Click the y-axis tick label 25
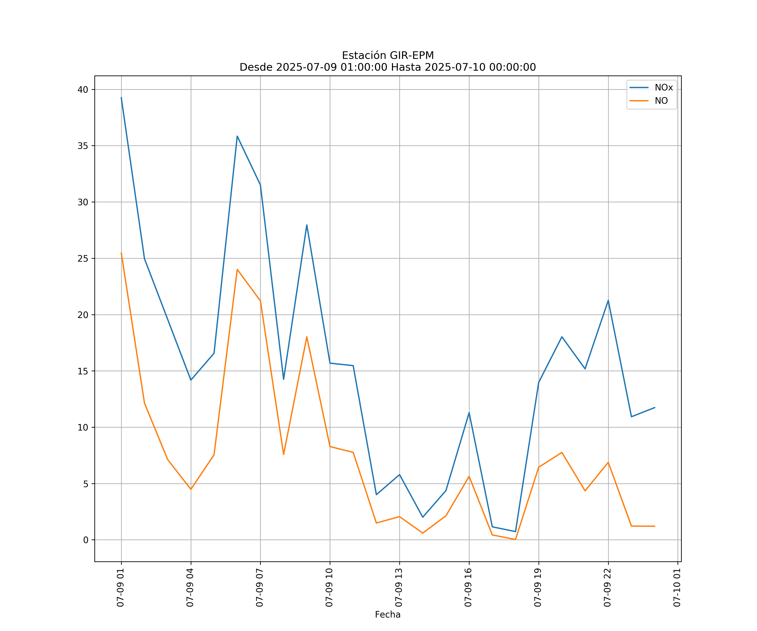(x=83, y=258)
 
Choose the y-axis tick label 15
(x=83, y=371)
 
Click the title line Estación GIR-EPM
(x=388, y=56)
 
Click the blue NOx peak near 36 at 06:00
(x=237, y=136)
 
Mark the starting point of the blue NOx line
(x=121, y=97)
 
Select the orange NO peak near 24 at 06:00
(x=237, y=269)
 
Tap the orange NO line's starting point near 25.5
(x=121, y=253)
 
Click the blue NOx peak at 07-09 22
(x=608, y=300)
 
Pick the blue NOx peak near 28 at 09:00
(x=307, y=225)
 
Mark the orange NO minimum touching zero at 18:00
(x=515, y=540)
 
